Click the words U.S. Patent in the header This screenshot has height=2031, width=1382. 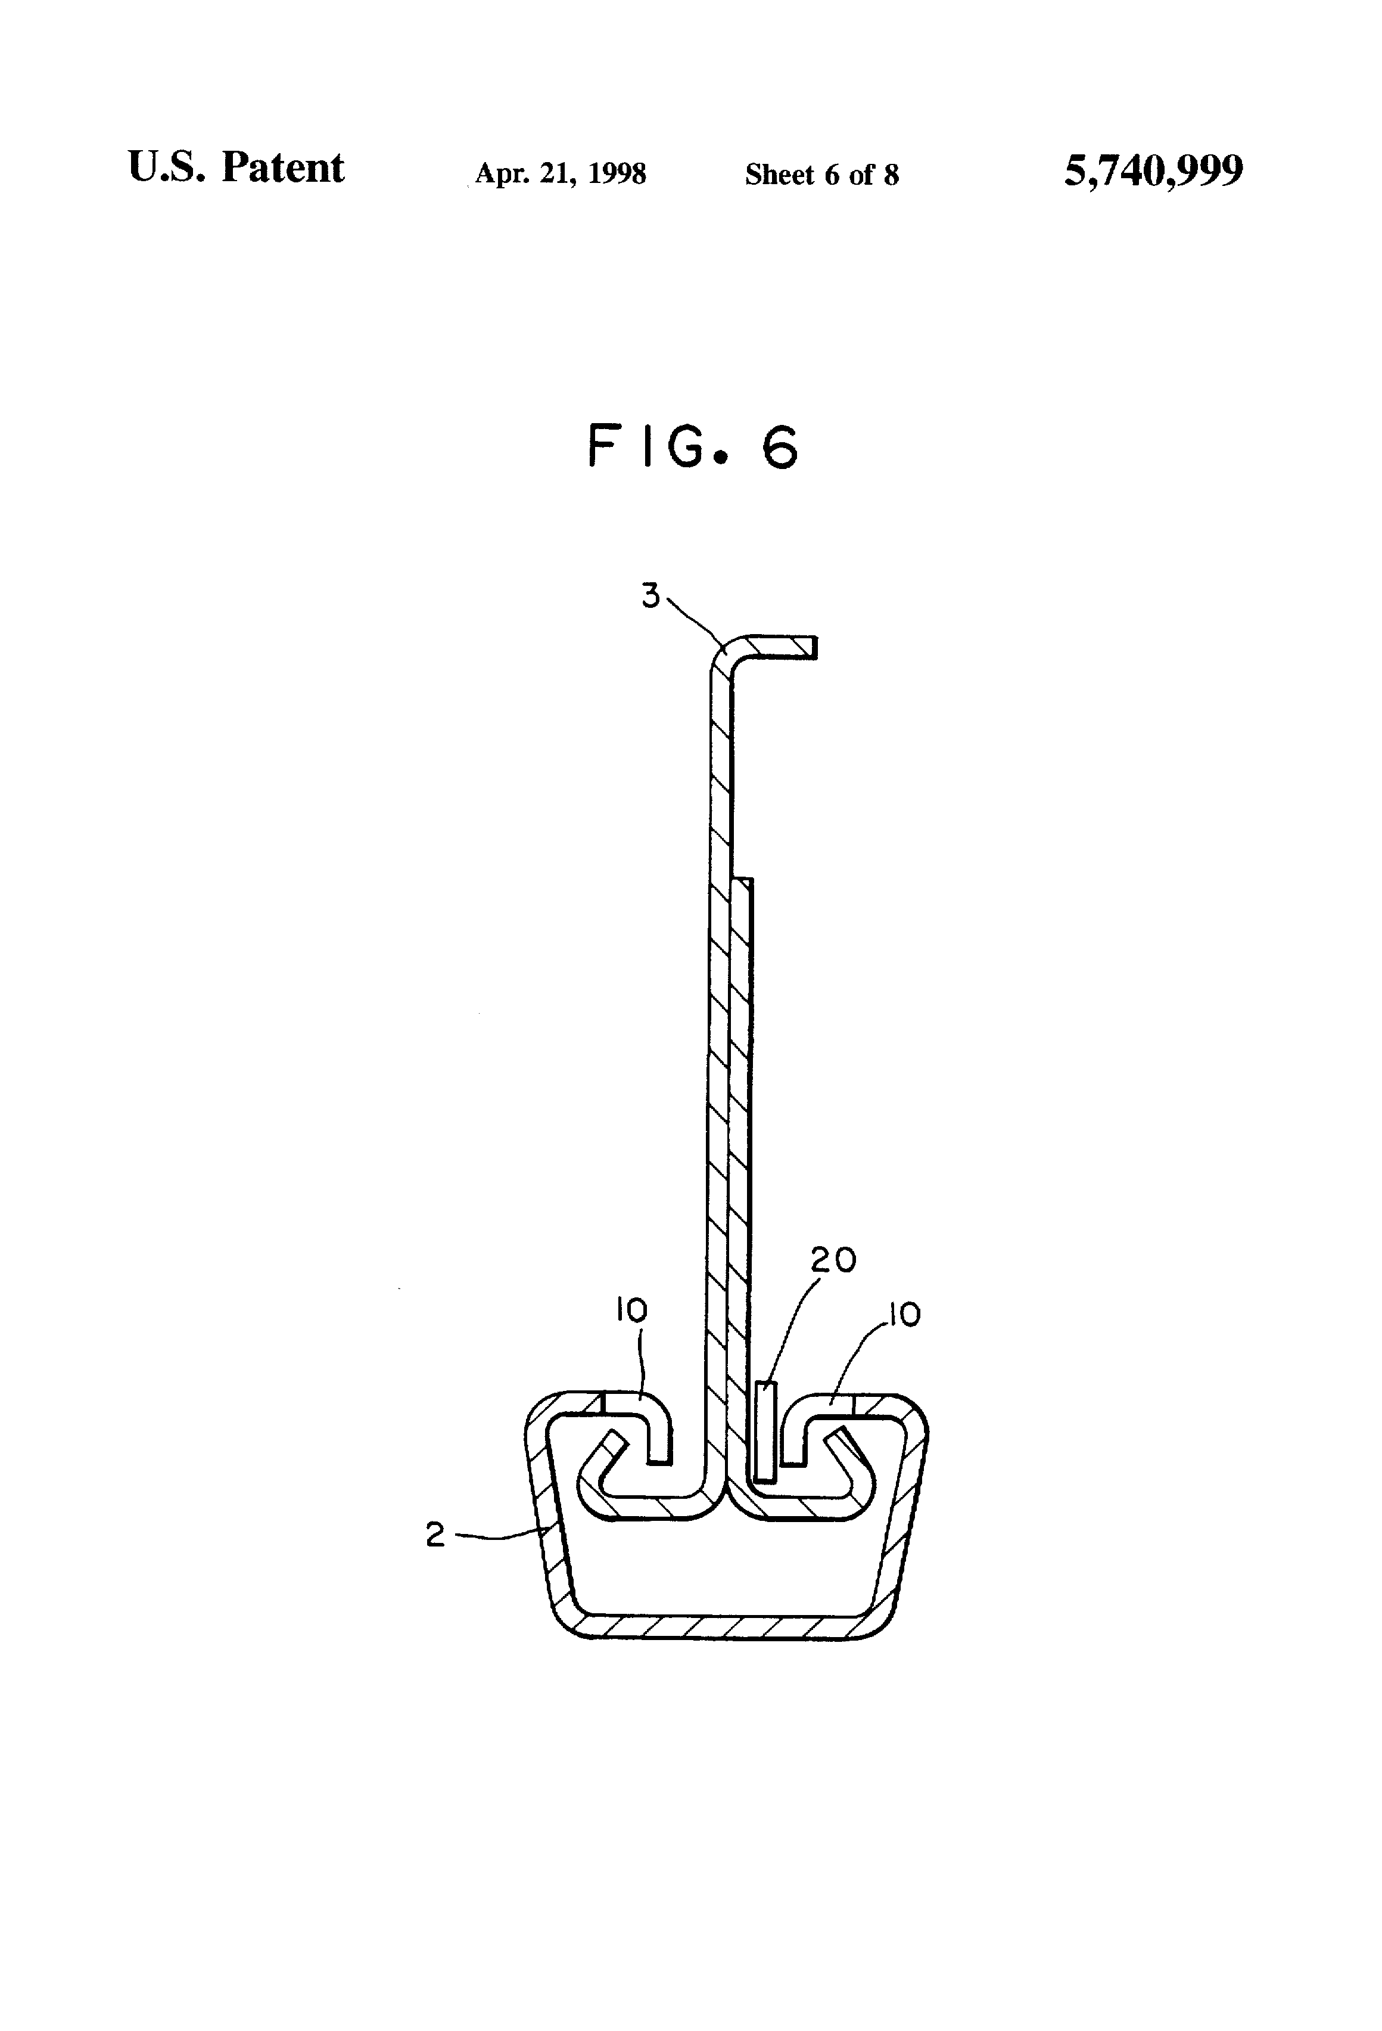(x=236, y=168)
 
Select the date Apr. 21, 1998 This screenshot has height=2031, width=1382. (x=560, y=174)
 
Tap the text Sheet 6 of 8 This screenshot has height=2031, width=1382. (x=821, y=175)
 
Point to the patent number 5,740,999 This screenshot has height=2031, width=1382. (x=1153, y=170)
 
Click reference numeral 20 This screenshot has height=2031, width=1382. (x=833, y=1260)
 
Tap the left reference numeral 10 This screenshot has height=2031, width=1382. (x=631, y=1311)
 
